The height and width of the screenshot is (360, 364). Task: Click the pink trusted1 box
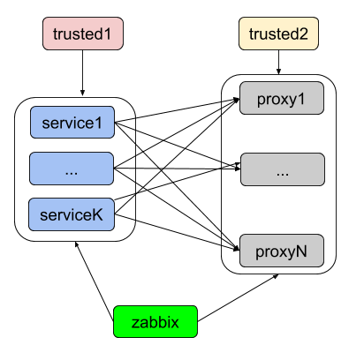click(83, 34)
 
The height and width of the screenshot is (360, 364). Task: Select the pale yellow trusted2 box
click(278, 34)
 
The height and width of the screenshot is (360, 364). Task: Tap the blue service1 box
click(72, 124)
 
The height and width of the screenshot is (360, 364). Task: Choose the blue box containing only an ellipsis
click(72, 169)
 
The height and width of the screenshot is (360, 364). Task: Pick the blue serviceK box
click(72, 214)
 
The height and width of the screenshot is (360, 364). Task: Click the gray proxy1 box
click(282, 99)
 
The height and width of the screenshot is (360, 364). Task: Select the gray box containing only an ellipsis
click(283, 169)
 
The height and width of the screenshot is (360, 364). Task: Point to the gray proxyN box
click(282, 251)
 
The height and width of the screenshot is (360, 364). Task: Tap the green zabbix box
click(155, 322)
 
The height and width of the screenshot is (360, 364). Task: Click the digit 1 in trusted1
click(110, 34)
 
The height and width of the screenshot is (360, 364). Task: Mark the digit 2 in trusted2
click(305, 34)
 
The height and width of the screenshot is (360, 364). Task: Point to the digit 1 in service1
click(98, 124)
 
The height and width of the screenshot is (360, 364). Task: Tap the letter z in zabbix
click(135, 323)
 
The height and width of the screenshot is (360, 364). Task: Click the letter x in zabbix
click(176, 323)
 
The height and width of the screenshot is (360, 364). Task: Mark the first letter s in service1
click(46, 124)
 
